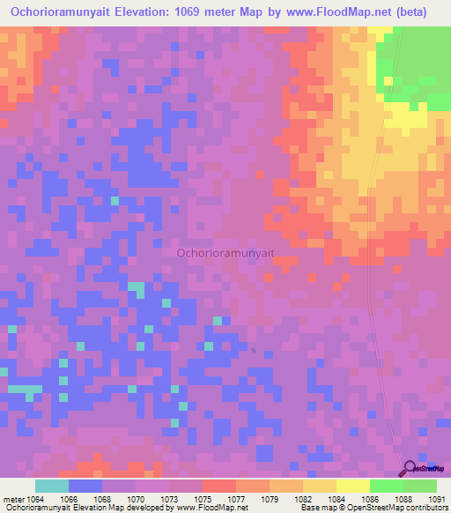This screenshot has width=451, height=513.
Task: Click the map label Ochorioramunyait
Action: click(225, 252)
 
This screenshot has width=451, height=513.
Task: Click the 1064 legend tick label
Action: click(34, 500)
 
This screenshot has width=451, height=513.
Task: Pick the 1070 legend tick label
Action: click(136, 500)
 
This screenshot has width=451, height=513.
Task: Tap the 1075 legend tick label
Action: click(203, 500)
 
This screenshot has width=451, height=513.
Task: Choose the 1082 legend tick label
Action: click(303, 500)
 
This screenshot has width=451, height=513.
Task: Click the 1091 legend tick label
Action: click(437, 500)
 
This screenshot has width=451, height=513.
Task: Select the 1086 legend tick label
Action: click(370, 500)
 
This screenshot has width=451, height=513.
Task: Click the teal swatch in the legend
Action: click(51, 486)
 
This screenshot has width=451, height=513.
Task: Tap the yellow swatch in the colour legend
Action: click(352, 486)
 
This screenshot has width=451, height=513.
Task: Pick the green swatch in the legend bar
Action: click(386, 486)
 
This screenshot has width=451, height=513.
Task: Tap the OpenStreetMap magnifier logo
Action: click(409, 469)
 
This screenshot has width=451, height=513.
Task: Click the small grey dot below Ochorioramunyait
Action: click(254, 350)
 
